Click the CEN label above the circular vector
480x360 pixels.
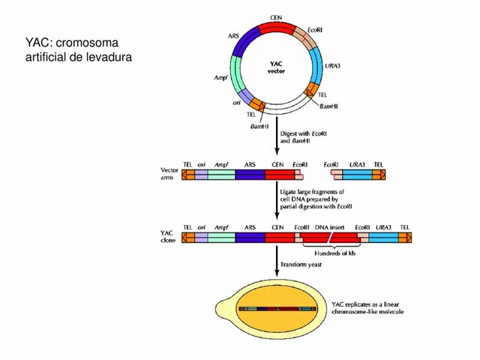276,16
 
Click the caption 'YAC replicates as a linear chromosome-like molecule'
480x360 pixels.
368,307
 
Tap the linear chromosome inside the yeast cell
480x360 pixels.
276,308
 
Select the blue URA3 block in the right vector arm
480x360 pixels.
358,174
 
